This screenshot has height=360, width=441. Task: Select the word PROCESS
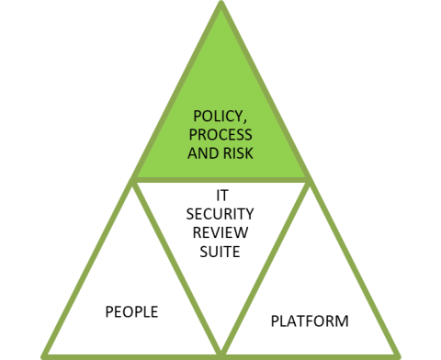(x=220, y=135)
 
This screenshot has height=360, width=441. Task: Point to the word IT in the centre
(x=221, y=196)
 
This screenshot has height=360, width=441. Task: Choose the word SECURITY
(x=221, y=213)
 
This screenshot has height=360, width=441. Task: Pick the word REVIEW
(x=221, y=231)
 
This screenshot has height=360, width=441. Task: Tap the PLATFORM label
(x=310, y=321)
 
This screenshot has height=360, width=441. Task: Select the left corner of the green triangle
(x=135, y=178)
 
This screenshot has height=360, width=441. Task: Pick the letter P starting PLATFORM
(x=275, y=321)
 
